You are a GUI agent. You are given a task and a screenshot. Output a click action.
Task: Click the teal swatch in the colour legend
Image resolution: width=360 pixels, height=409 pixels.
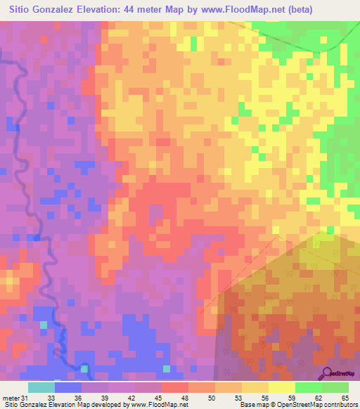point(41,388)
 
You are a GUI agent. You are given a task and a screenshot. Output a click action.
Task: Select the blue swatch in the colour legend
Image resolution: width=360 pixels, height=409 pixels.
point(68,388)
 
